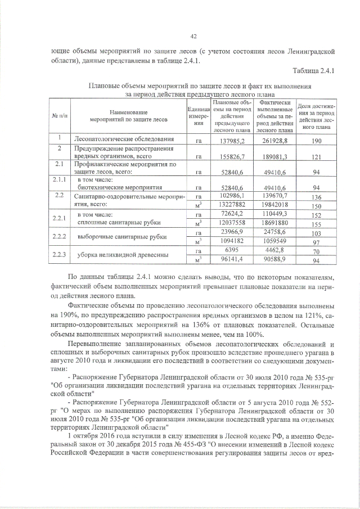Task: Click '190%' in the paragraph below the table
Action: [69, 317]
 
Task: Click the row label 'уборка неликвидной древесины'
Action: [115, 255]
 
